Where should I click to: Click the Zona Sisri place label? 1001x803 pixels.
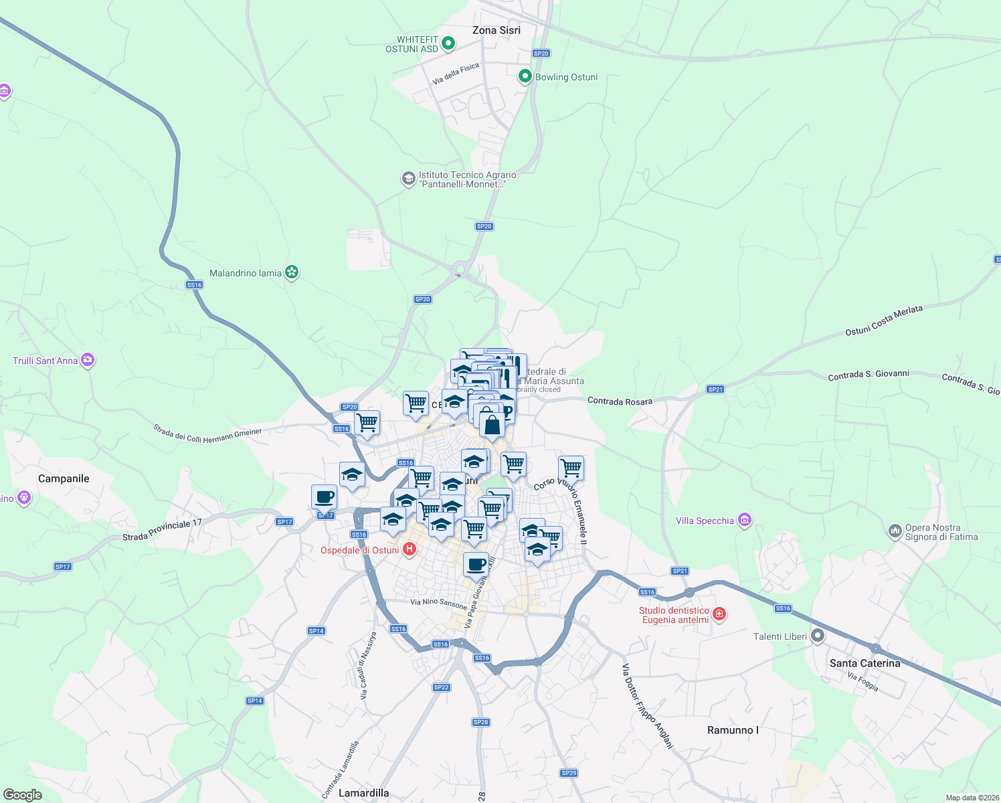(x=496, y=30)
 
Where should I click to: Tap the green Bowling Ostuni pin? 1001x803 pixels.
(x=525, y=76)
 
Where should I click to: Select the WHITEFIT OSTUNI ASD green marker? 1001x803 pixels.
(x=448, y=44)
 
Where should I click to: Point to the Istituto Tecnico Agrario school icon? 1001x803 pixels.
(x=408, y=179)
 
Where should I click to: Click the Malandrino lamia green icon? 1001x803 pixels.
(x=291, y=272)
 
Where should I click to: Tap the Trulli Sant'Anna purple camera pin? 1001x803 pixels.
(x=88, y=360)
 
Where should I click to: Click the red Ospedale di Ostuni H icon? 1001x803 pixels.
(x=409, y=549)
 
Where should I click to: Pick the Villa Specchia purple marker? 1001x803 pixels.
(x=745, y=520)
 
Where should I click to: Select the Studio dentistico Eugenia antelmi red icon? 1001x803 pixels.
(x=719, y=614)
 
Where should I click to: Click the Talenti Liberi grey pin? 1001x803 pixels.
(x=817, y=636)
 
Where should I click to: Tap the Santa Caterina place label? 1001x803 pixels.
(x=864, y=663)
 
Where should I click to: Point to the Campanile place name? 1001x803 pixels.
(x=64, y=478)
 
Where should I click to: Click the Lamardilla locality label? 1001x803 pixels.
(x=363, y=793)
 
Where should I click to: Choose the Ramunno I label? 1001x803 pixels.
(x=733, y=730)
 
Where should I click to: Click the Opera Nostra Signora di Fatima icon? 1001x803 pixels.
(x=895, y=531)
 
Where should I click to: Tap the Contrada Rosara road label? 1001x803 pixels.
(x=620, y=401)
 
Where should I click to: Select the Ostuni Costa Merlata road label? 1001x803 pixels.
(x=883, y=321)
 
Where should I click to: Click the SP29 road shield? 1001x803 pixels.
(x=568, y=773)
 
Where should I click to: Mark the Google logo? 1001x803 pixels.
(x=22, y=794)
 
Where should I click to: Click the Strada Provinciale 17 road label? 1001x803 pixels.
(x=162, y=530)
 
